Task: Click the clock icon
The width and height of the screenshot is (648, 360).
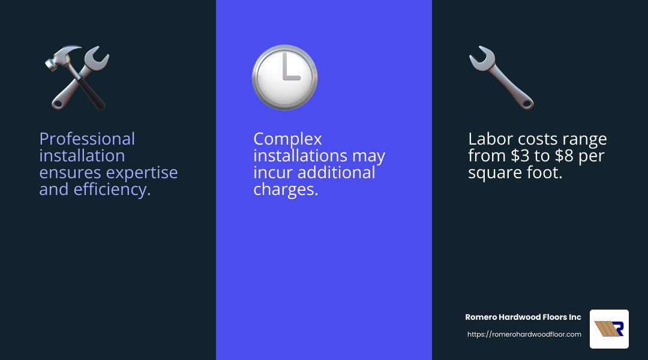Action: coord(285,77)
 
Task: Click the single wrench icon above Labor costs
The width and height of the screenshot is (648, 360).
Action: coord(501,77)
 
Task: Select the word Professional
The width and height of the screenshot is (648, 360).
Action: coord(87,139)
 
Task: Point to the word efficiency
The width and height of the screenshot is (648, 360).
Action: coord(112,190)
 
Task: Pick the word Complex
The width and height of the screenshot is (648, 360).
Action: coord(287,139)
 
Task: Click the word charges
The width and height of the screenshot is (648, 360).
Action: coord(286,190)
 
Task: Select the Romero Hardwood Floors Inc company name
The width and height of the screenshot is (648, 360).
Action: coord(523,317)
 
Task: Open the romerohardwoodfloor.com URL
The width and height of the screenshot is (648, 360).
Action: coord(524,334)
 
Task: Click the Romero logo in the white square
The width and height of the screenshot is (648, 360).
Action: coord(609,329)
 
